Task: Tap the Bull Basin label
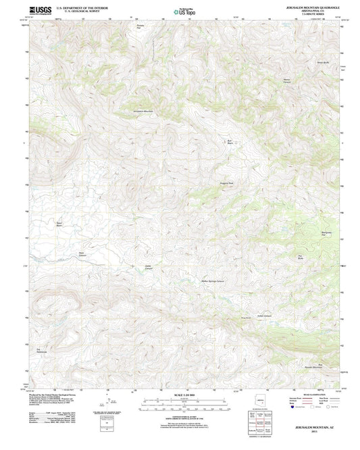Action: [x=229, y=141]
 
